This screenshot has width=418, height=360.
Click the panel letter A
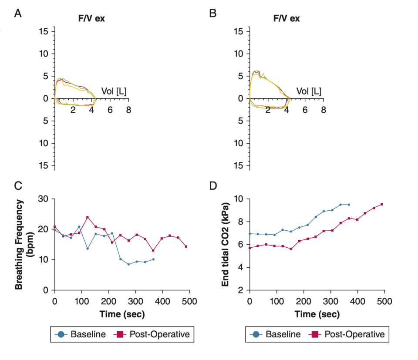18,13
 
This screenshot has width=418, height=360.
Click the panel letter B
213,13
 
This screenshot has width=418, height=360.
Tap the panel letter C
18,185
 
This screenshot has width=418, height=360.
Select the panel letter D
213,185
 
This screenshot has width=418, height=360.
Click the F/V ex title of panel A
91,19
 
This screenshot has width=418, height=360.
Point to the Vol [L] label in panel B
309,91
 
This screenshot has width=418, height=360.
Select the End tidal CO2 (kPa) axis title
226,245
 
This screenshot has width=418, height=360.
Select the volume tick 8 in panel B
323,110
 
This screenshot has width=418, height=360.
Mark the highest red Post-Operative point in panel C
88,217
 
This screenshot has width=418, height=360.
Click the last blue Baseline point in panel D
349,205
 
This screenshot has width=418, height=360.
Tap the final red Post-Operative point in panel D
382,204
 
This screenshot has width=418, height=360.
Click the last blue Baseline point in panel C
153,259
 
